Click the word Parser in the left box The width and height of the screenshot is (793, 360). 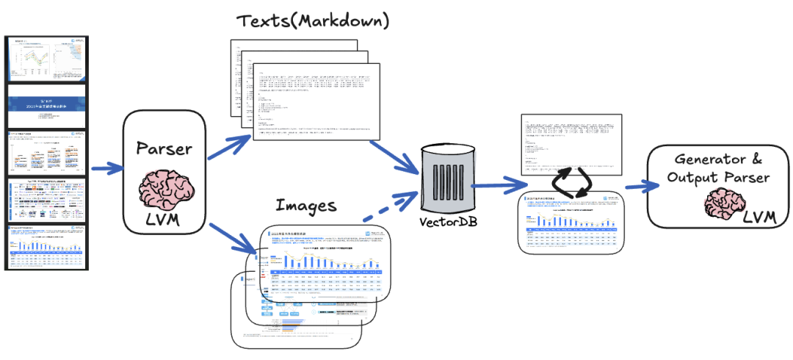(x=164, y=148)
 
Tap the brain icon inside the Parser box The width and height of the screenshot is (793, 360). (x=162, y=187)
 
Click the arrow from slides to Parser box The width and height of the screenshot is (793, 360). (x=105, y=170)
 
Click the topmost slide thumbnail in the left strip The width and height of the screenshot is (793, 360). (x=46, y=60)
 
